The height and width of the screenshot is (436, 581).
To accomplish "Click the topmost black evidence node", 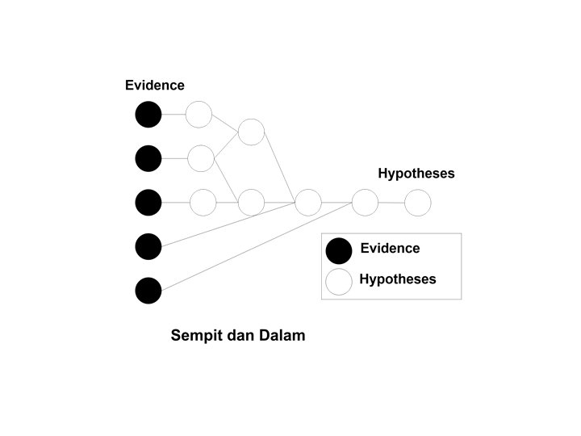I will tap(148, 115).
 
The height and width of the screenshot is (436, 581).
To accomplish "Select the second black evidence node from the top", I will tap(148, 158).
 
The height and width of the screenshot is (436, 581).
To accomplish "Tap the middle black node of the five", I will tap(148, 202).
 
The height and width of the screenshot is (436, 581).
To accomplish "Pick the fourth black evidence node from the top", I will tap(148, 246).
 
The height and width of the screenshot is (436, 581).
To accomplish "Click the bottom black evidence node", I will tap(148, 290).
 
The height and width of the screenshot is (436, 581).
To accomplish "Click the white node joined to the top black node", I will tap(199, 115).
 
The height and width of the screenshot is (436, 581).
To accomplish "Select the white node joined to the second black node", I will tap(201, 158).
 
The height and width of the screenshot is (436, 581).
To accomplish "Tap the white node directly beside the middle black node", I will tap(203, 202).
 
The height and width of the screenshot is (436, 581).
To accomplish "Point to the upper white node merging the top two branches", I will tap(252, 132).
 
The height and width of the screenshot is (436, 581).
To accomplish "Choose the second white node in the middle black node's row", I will tap(252, 202).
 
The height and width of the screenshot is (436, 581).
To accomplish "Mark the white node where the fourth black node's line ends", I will tap(308, 202).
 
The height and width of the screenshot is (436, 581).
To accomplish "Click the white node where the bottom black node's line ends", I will tap(365, 202).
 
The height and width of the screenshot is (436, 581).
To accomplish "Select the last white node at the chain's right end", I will tap(417, 202).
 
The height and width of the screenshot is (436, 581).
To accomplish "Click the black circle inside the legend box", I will tap(339, 251).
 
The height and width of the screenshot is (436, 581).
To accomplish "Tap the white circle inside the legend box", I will tap(339, 281).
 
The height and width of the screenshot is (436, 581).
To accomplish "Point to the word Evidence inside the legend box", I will tap(390, 249).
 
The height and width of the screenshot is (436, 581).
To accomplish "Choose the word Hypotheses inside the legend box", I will tap(398, 279).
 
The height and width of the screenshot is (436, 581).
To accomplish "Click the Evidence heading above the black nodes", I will tap(155, 86).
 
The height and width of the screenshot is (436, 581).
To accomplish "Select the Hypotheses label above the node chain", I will tap(416, 174).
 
